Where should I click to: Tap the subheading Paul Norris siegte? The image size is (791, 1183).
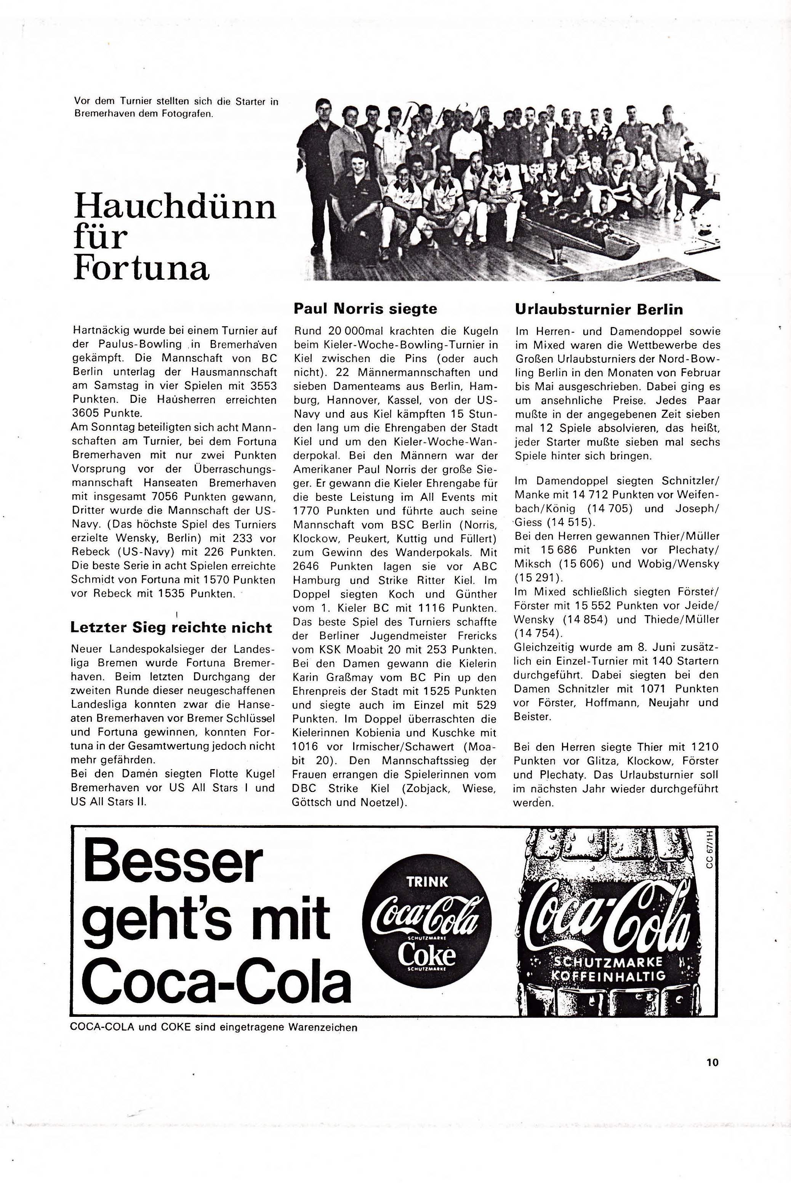(365, 308)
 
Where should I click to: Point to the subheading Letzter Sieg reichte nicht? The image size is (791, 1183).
(171, 628)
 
